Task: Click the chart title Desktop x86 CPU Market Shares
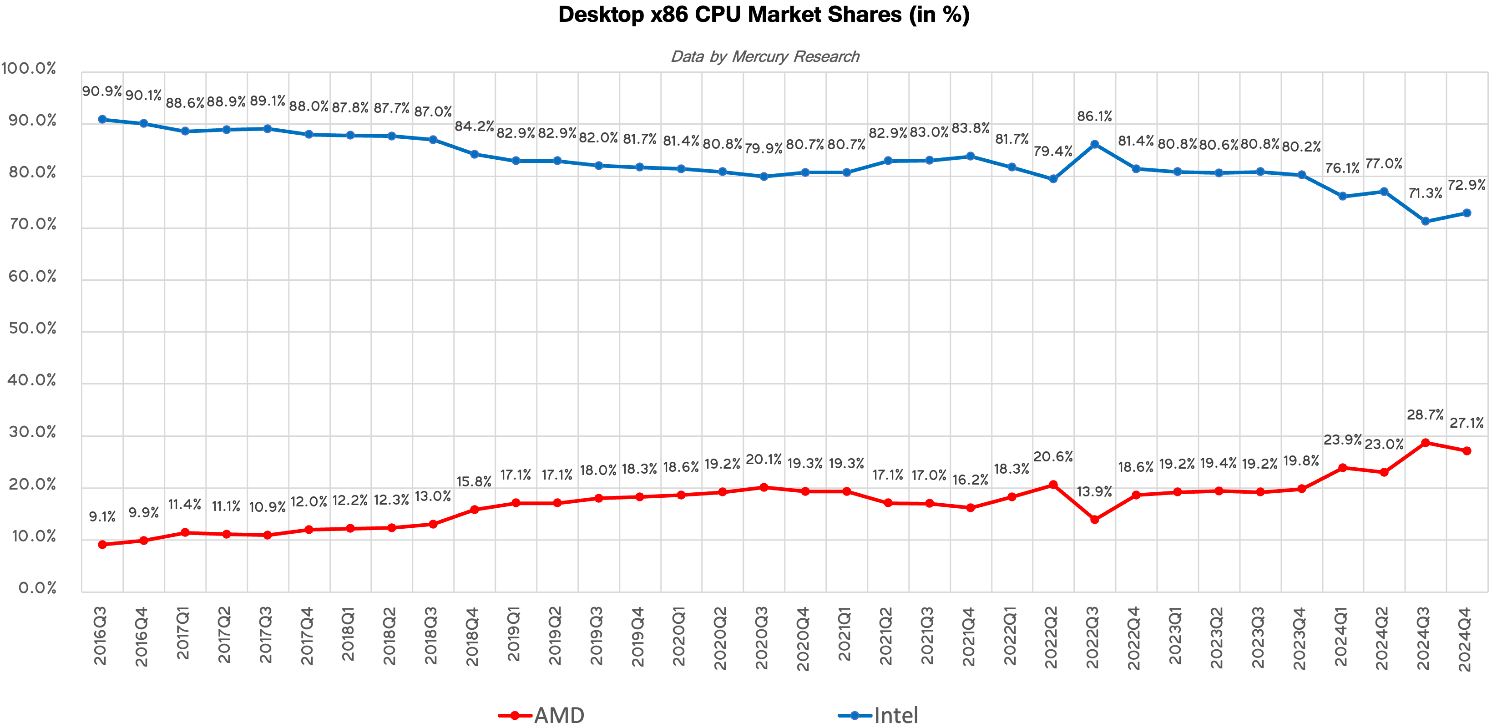pos(764,15)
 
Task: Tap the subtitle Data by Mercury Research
pos(765,56)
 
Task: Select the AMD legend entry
pos(541,715)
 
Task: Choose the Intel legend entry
pos(879,715)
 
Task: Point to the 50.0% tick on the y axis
pos(33,328)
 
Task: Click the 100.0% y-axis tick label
pos(29,69)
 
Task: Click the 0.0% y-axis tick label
pos(37,588)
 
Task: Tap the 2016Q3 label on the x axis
pos(101,636)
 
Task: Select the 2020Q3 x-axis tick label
pos(762,637)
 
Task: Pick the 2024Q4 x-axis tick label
pos(1465,638)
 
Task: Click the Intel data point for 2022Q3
pos(1094,144)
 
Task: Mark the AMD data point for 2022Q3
pos(1094,520)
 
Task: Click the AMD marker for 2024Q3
pos(1425,443)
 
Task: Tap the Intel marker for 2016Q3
pos(102,119)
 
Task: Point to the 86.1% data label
pos(1094,116)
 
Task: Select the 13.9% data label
pos(1094,491)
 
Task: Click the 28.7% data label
pos(1425,415)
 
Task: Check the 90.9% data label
pos(102,91)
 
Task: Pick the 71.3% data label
pos(1425,193)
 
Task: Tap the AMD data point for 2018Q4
pos(474,510)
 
